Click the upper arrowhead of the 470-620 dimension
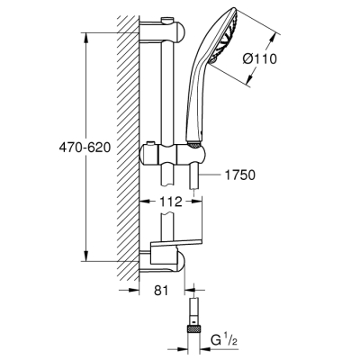coord(85,38)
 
